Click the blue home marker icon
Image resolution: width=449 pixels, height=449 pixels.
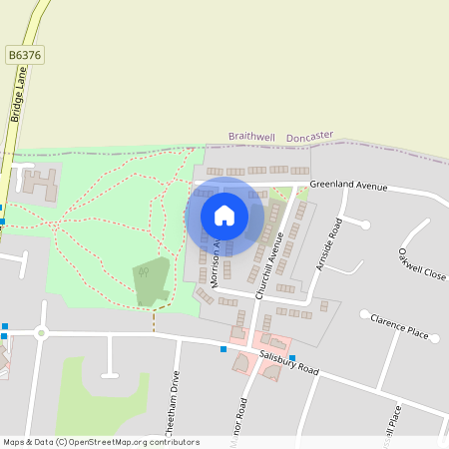(224, 215)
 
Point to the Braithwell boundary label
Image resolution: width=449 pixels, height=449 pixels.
(250, 136)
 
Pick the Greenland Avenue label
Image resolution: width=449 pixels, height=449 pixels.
(347, 185)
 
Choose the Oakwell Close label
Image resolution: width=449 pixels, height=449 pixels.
(421, 263)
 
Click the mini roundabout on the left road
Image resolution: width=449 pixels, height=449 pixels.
(41, 332)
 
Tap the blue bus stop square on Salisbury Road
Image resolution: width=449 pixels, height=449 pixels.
(223, 349)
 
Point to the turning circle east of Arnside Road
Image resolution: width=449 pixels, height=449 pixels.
(366, 224)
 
